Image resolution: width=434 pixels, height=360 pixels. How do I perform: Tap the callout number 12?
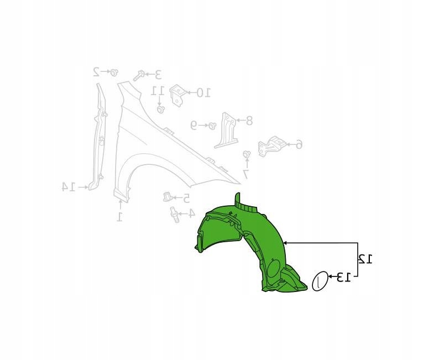click(365, 259)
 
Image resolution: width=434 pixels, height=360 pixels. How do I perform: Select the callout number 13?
click(343, 277)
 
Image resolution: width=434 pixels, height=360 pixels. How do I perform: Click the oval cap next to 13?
click(320, 281)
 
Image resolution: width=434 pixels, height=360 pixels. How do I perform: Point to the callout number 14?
click(69, 187)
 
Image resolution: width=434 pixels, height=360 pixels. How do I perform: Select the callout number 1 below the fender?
click(119, 217)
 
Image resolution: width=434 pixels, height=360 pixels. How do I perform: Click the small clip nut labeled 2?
click(113, 72)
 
